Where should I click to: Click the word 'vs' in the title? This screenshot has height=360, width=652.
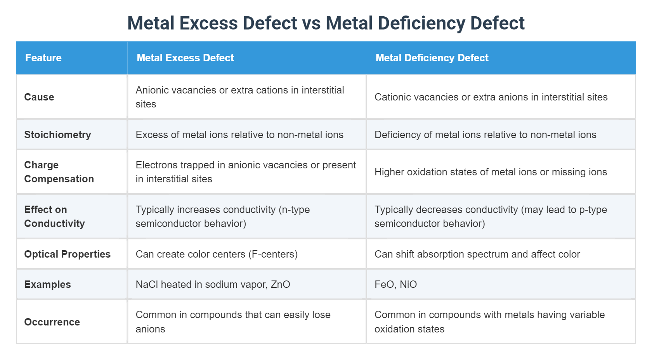311,23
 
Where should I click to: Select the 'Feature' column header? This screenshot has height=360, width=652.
43,58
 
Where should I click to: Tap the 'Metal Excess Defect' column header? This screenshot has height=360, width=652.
185,58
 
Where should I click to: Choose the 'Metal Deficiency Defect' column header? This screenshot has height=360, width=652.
432,58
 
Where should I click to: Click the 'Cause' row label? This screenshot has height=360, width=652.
39,97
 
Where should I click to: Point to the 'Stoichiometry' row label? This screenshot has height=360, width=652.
57,135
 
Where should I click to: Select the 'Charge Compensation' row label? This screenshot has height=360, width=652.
59,172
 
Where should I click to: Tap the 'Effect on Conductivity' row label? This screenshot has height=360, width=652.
54,216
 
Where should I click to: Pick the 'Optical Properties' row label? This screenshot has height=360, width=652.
67,254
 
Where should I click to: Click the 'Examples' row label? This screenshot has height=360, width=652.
47,284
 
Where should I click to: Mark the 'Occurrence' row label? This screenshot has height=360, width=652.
52,322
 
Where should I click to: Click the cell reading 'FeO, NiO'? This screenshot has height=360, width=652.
395,284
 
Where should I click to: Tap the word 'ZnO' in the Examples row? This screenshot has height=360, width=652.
280,284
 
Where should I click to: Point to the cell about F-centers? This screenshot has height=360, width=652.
217,254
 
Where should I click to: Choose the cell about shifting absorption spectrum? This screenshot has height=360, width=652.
477,254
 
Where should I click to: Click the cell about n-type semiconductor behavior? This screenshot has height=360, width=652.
222,216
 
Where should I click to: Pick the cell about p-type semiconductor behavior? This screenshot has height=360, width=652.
491,216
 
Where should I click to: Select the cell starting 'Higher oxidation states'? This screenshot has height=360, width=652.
491,172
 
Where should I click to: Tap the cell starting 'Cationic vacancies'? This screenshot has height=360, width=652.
491,97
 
